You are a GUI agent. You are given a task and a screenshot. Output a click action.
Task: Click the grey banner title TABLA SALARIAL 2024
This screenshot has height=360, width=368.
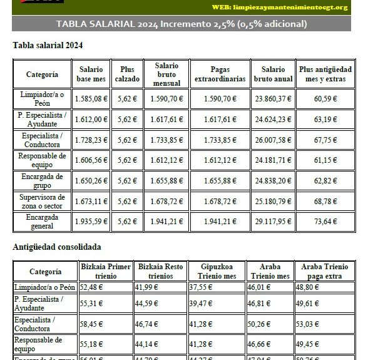[181, 24]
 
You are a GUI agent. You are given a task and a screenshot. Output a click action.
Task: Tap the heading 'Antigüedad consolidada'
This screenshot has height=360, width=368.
[57, 247]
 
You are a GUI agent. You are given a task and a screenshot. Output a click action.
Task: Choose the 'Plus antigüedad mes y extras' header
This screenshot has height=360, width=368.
[325, 75]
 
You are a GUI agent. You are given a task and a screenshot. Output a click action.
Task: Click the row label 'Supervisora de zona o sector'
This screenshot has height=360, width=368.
[42, 201]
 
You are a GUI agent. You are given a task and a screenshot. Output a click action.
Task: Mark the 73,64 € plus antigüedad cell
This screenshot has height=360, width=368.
[325, 221]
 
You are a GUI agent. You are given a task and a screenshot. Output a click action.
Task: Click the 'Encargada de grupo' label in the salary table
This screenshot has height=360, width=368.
[42, 180]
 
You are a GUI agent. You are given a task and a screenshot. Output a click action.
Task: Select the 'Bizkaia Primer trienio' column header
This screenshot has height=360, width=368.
[106, 271]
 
